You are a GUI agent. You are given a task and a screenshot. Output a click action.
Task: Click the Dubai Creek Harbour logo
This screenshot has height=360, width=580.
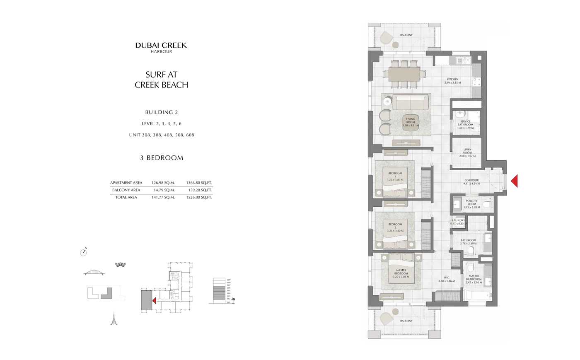click(x=161, y=47)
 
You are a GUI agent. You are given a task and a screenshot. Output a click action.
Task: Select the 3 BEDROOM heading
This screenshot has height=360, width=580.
click(x=162, y=158)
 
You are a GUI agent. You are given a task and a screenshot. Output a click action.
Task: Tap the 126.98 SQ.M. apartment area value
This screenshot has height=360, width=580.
click(x=163, y=183)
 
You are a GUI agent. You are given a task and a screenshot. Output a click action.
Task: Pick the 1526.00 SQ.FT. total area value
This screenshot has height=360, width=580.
click(x=199, y=198)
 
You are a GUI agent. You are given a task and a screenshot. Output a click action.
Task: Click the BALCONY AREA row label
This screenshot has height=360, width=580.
click(x=126, y=190)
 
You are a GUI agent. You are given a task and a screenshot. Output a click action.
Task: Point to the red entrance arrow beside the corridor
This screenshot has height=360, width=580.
click(x=514, y=181)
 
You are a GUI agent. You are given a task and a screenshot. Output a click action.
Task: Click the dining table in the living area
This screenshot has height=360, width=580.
click(x=404, y=75)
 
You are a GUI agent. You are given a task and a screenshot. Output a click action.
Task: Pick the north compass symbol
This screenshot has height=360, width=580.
click(x=83, y=252)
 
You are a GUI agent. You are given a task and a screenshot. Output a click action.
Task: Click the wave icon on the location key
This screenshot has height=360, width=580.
click(x=120, y=264)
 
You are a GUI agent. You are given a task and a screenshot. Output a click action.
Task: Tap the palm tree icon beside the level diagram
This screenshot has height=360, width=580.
click(x=233, y=300)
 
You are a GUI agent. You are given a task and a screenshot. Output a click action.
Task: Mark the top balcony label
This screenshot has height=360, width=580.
click(x=406, y=35)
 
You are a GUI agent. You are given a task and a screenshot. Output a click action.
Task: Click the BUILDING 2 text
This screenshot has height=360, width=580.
click(x=162, y=112)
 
